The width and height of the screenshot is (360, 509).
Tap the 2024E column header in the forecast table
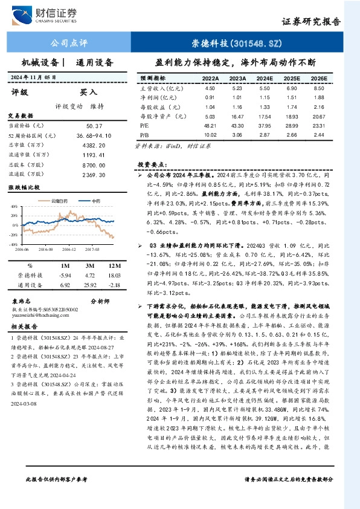pyautogui.click(x=264, y=79)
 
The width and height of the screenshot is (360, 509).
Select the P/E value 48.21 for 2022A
pyautogui.click(x=210, y=124)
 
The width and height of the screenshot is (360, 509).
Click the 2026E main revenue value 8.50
pyautogui.click(x=319, y=88)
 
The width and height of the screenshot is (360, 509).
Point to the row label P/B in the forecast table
pyautogui.click(x=144, y=134)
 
